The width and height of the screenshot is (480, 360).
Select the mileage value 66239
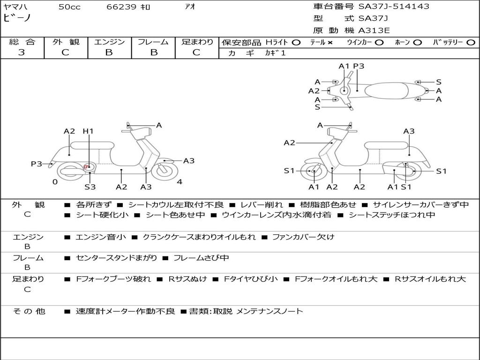121,7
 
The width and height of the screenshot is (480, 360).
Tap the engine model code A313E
374,30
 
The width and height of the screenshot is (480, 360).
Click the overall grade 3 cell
22,52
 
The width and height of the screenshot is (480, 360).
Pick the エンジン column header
109,42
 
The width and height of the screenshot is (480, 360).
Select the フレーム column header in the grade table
153,42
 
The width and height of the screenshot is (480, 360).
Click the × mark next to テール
330,42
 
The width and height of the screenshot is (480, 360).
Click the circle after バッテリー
471,42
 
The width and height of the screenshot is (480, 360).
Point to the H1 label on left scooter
88,131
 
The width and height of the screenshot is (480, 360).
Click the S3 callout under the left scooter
90,187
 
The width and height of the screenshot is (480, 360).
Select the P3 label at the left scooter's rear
36,164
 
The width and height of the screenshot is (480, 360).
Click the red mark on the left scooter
86,167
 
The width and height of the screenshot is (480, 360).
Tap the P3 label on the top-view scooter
359,66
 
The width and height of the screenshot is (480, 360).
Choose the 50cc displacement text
69,7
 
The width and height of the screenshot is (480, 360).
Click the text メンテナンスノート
270,311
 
